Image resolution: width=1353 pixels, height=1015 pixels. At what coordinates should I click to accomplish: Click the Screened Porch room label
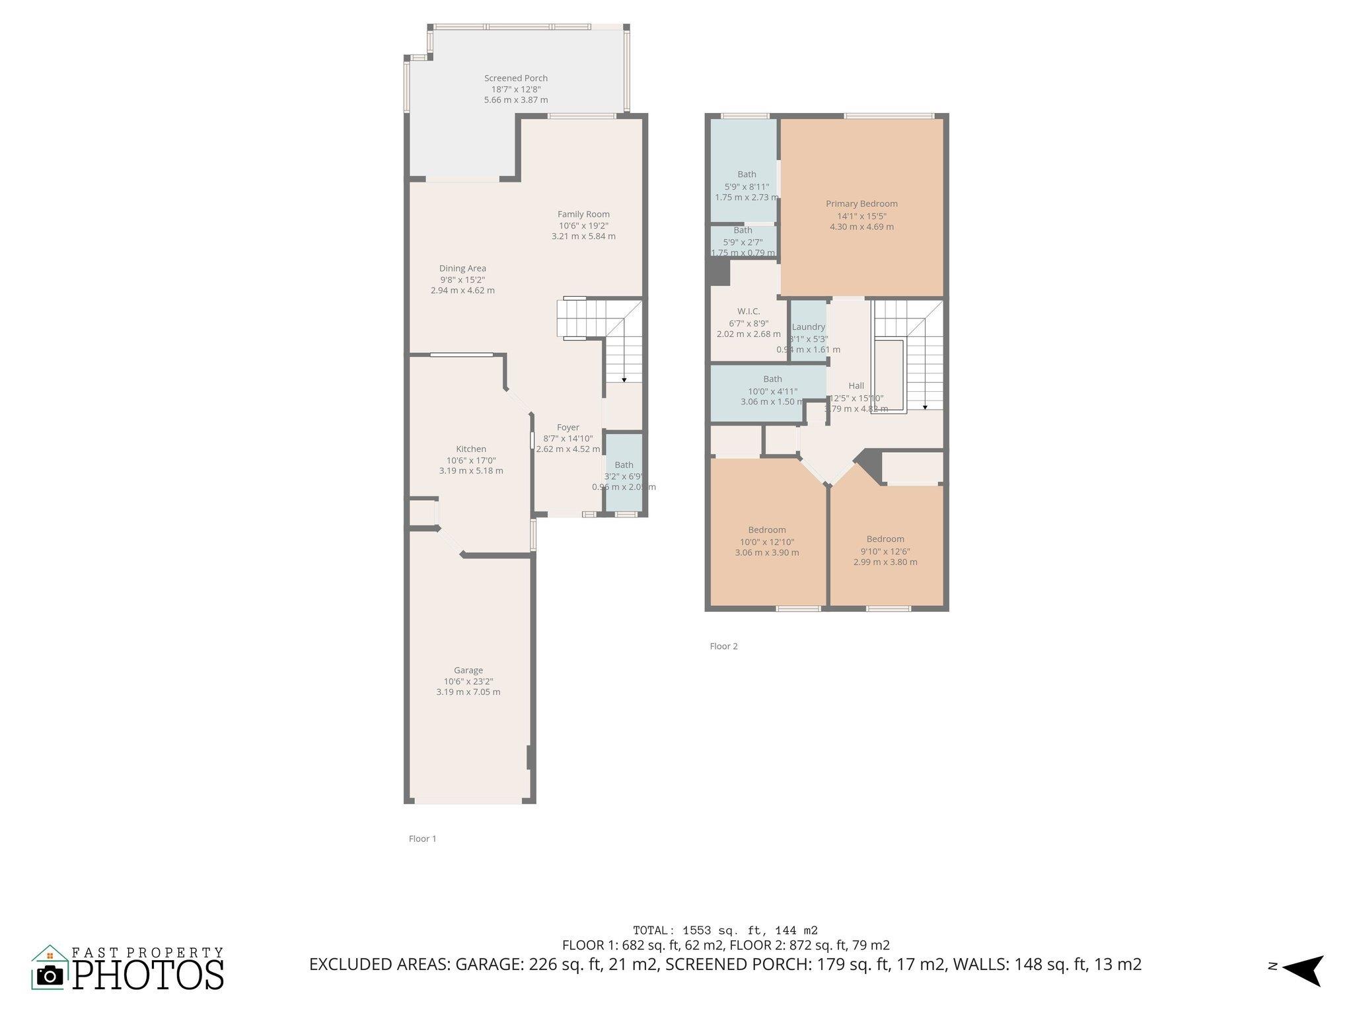point(516,78)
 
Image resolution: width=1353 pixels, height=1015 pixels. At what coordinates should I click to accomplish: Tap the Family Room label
point(583,214)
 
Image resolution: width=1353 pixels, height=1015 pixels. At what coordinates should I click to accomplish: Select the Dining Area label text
point(462,268)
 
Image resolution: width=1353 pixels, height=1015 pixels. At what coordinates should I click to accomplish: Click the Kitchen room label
point(471,449)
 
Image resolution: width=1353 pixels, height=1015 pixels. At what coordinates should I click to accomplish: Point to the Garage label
point(468,670)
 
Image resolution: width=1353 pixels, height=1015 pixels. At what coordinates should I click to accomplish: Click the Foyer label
point(567,428)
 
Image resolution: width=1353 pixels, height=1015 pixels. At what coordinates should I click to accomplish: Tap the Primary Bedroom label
point(861,204)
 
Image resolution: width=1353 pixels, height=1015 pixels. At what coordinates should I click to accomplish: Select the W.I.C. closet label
point(749,311)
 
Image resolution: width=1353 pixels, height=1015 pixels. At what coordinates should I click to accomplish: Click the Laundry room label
point(809,327)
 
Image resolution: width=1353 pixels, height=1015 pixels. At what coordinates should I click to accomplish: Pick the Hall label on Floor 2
point(856,386)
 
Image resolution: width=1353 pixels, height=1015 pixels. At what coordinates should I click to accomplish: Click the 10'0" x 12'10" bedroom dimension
point(767,542)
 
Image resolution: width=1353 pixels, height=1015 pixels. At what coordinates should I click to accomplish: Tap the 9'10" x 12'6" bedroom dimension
point(885,551)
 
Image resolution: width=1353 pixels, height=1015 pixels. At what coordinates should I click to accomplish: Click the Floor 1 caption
point(423,839)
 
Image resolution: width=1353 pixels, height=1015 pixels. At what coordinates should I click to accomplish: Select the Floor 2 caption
point(723,646)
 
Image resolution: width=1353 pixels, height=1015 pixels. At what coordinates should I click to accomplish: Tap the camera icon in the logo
point(50,975)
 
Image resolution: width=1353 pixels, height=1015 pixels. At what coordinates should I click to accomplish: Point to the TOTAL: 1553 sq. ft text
point(725,930)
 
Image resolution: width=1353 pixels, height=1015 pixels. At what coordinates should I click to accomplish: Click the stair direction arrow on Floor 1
point(624,379)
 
